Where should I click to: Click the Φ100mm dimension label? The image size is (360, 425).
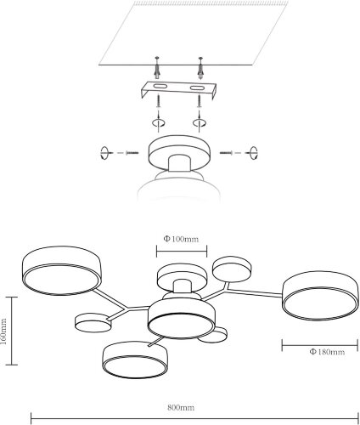181,239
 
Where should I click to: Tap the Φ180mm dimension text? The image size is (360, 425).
327,352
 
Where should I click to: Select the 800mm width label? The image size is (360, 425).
181,408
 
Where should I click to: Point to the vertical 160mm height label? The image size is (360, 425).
3,331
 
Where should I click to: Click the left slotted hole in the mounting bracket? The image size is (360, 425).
158,86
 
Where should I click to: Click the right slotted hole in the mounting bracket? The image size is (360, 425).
197,88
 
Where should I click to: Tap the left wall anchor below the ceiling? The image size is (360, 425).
157,68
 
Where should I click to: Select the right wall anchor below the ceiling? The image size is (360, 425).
200,68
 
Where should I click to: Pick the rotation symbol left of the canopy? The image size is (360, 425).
104,153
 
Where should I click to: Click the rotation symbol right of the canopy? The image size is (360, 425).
253,153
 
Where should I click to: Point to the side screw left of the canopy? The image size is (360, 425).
132,153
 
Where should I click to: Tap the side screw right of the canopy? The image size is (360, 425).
226,153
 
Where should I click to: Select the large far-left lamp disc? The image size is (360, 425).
61,270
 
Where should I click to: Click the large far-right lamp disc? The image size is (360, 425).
320,296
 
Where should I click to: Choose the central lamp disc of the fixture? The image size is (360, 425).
182,319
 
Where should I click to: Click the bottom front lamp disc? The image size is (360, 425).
135,360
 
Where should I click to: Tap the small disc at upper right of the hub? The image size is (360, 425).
232,269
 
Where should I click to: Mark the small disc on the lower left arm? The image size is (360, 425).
93,323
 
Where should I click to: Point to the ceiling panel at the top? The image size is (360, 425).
194,33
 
